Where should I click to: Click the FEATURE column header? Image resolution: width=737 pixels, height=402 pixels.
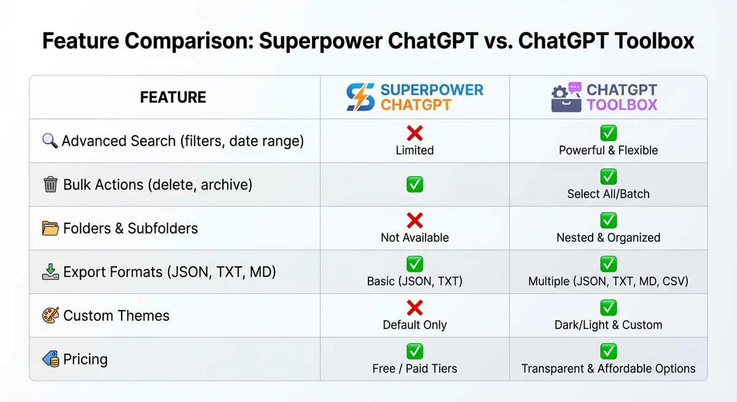coord(173,98)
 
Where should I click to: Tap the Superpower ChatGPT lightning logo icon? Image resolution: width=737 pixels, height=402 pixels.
coord(360,98)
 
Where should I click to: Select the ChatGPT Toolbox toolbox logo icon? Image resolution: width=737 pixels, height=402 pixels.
coord(566,98)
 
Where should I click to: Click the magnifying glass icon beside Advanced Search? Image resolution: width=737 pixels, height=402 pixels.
coord(50,141)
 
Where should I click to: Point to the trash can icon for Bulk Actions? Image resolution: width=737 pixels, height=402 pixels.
coord(51,185)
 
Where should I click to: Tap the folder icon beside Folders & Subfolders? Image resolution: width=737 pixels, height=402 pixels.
coord(50,228)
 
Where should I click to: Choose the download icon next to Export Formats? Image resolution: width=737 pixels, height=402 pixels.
coord(50,272)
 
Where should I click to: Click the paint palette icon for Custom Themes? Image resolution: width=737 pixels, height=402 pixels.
coord(50,316)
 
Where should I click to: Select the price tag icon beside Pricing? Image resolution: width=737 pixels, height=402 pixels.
coord(50,360)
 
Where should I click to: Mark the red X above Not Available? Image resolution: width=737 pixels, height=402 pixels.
coord(415,221)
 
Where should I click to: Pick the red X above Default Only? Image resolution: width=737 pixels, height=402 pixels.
coord(415,308)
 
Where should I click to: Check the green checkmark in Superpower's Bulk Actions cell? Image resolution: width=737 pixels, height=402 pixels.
coord(415,184)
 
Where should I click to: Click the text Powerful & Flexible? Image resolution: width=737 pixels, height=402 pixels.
coord(608,150)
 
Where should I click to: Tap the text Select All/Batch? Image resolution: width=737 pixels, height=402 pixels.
coord(608,194)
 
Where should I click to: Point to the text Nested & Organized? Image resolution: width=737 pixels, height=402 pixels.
coord(608,238)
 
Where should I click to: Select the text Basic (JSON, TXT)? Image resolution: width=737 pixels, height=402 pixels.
coord(415,281)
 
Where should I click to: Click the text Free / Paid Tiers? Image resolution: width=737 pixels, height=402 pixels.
coord(415,369)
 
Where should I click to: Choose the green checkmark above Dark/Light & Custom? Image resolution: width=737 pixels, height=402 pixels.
coord(608,308)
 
